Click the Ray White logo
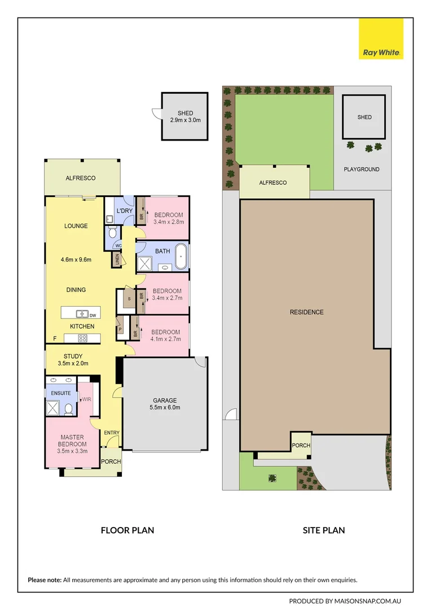(381, 38)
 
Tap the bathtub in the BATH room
(181, 256)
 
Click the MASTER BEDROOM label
(72, 441)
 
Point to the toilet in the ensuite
(68, 409)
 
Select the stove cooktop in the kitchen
(82, 338)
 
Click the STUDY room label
(73, 356)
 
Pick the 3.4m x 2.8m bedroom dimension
(169, 223)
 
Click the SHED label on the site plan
(364, 117)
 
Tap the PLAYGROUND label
(362, 169)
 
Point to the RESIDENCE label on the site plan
(306, 312)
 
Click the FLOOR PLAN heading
(127, 530)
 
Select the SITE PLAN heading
(324, 530)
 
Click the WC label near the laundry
(118, 246)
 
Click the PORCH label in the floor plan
(111, 461)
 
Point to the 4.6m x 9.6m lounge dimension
(76, 260)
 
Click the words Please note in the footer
(45, 579)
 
